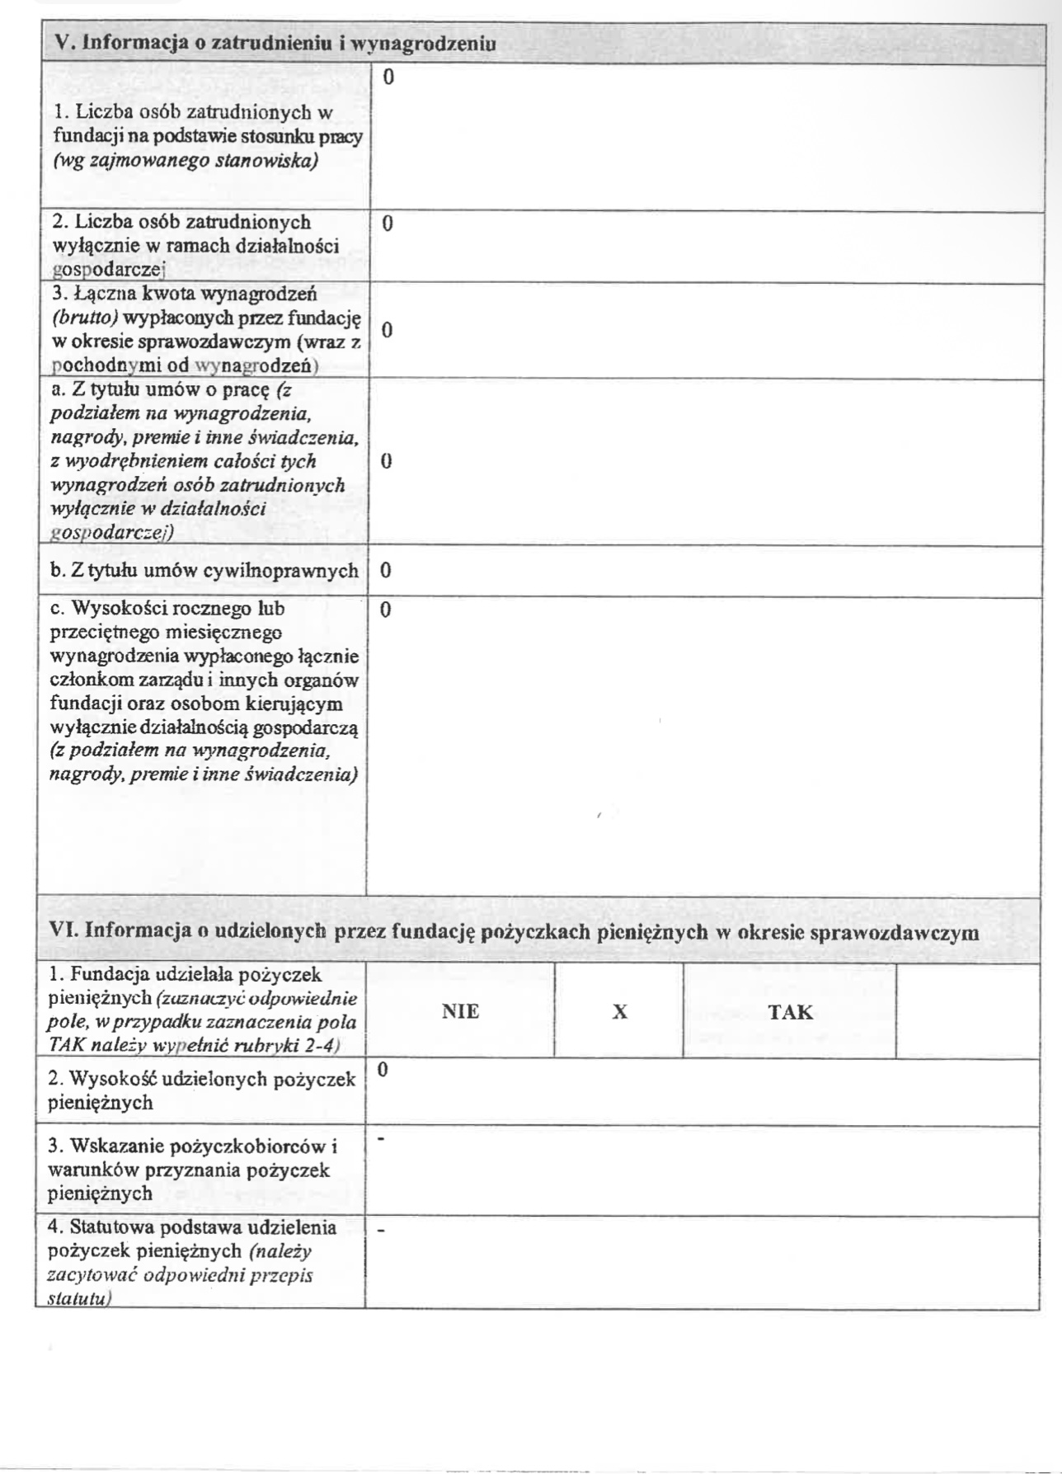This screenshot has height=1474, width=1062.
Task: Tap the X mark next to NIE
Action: [620, 1011]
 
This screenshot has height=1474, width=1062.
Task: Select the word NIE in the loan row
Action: [460, 1011]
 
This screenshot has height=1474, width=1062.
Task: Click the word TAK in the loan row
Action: [790, 1011]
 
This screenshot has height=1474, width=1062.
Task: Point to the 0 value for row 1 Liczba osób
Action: [388, 78]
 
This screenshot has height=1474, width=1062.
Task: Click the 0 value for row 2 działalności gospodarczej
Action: [388, 223]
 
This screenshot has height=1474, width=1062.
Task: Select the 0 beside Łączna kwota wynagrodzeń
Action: [387, 330]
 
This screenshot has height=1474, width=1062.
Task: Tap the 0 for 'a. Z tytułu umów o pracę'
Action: [386, 461]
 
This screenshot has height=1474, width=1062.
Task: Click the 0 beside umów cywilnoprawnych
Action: [386, 571]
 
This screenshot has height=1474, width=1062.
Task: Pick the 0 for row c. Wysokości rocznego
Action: [386, 611]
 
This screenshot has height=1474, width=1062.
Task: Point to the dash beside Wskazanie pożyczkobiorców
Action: [381, 1140]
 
